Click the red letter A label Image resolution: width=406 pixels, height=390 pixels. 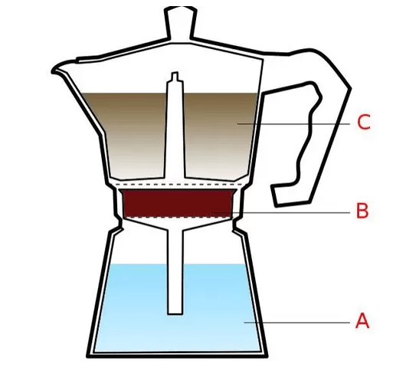tap(362, 320)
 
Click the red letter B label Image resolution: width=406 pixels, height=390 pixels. tap(362, 211)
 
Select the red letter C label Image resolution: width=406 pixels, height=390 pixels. tap(364, 122)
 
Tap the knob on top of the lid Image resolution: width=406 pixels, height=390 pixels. tap(181, 22)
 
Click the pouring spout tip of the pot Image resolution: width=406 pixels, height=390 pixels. tap(53, 70)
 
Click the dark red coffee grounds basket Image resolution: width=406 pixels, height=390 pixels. tap(178, 203)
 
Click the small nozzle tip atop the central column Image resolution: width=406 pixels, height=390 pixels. tap(175, 76)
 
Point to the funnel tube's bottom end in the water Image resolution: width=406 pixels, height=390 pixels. tap(175, 313)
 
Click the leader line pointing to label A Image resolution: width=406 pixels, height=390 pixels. tap(297, 323)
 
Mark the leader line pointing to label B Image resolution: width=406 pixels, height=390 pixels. tap(281, 213)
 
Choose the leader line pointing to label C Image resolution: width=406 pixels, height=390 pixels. tap(293, 124)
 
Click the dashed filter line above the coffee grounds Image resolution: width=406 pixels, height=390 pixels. tap(178, 185)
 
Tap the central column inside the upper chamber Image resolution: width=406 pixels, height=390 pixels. tap(175, 129)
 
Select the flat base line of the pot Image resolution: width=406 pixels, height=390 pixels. tap(177, 356)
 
